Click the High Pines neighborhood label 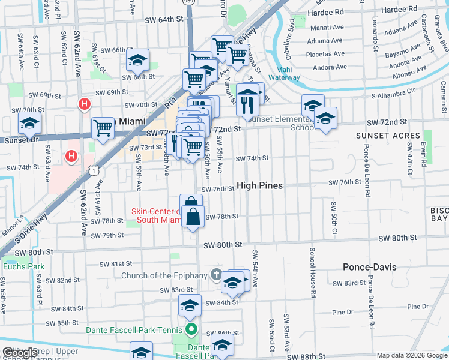click(259, 186)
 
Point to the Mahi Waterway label click(284, 74)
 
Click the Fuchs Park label click(17, 266)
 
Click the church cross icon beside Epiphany click(217, 275)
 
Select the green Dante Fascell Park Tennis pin click(191, 329)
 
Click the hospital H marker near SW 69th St click(85, 104)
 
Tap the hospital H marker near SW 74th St click(71, 157)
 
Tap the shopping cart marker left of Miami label click(103, 127)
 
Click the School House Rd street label click(313, 273)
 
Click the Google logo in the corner click(19, 353)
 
